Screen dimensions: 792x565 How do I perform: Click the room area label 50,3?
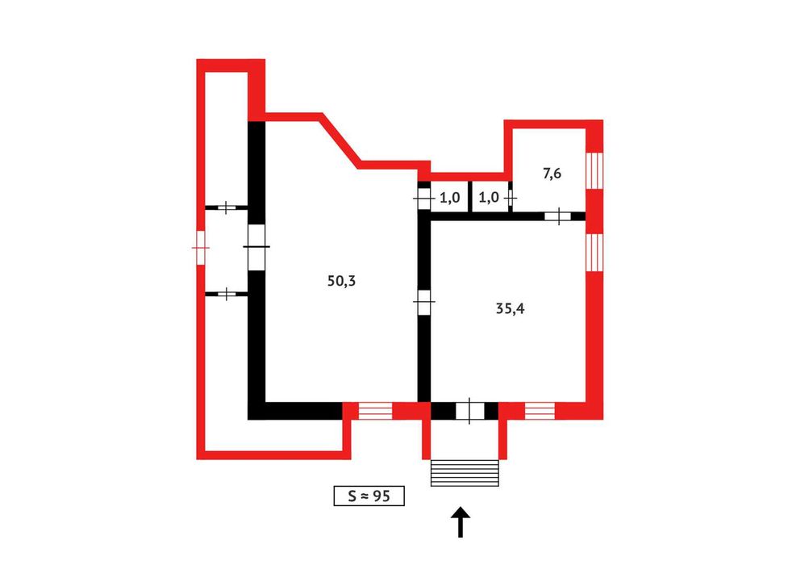341,281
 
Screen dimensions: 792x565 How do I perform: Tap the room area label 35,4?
511,308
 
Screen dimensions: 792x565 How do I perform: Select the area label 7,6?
552,174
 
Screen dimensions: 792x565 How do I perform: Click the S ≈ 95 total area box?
369,496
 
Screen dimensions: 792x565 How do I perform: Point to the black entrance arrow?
461,522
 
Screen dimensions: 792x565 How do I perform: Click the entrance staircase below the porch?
465,473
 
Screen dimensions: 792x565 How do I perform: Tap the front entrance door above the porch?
469,410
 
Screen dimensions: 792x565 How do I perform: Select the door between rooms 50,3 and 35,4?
424,302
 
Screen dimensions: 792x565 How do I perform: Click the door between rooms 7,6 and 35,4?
558,216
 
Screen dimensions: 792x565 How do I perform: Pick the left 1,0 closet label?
449,198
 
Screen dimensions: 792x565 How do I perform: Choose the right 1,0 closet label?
489,198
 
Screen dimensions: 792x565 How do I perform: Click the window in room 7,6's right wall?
594,170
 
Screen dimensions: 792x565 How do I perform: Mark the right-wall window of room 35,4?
594,253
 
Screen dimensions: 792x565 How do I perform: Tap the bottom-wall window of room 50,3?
375,411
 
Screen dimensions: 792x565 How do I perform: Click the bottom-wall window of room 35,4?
540,411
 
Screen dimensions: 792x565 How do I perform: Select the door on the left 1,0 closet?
423,198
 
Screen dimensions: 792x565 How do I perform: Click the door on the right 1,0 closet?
511,198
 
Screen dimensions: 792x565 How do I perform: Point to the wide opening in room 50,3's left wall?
256,247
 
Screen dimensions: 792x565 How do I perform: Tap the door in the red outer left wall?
201,248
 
